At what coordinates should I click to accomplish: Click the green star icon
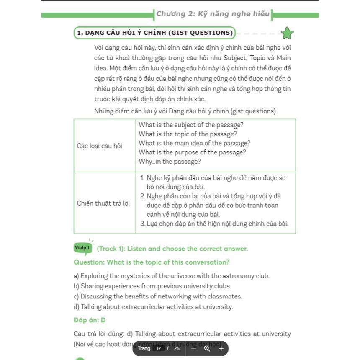[287, 33]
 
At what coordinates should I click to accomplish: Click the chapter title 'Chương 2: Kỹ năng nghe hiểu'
[213, 14]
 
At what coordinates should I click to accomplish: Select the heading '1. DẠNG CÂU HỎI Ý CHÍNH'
[154, 33]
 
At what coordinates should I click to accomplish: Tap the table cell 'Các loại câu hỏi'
[100, 146]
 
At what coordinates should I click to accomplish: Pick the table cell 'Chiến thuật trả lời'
[103, 203]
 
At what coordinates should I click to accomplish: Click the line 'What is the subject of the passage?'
[191, 125]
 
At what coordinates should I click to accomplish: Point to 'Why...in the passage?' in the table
[170, 161]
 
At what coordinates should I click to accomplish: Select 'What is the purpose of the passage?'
[193, 152]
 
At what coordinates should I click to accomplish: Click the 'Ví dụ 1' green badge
[82, 248]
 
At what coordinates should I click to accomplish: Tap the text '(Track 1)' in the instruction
[111, 249]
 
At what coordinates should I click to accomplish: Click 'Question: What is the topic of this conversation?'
[152, 262]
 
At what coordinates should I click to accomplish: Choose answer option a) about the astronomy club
[172, 276]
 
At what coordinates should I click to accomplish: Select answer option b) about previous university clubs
[152, 286]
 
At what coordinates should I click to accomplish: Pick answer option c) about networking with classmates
[158, 296]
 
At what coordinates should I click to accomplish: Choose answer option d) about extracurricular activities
[153, 307]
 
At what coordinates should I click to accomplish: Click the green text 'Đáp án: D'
[90, 320]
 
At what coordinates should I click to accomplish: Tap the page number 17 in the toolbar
[159, 348]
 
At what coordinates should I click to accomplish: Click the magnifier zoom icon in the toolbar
[207, 348]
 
